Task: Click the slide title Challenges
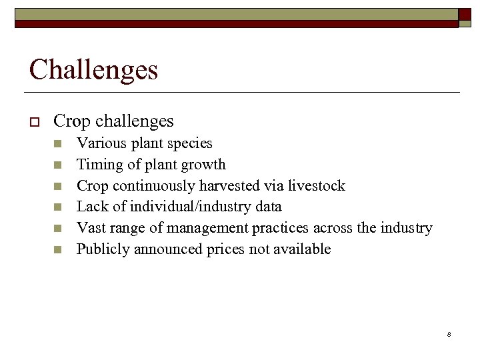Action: [93, 69]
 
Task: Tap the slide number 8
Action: [449, 334]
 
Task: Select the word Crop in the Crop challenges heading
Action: [72, 121]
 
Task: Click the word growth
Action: [204, 165]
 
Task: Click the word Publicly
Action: [103, 249]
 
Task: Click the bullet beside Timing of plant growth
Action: [57, 165]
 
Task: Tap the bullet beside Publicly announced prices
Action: [57, 250]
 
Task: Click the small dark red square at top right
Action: [465, 14]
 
